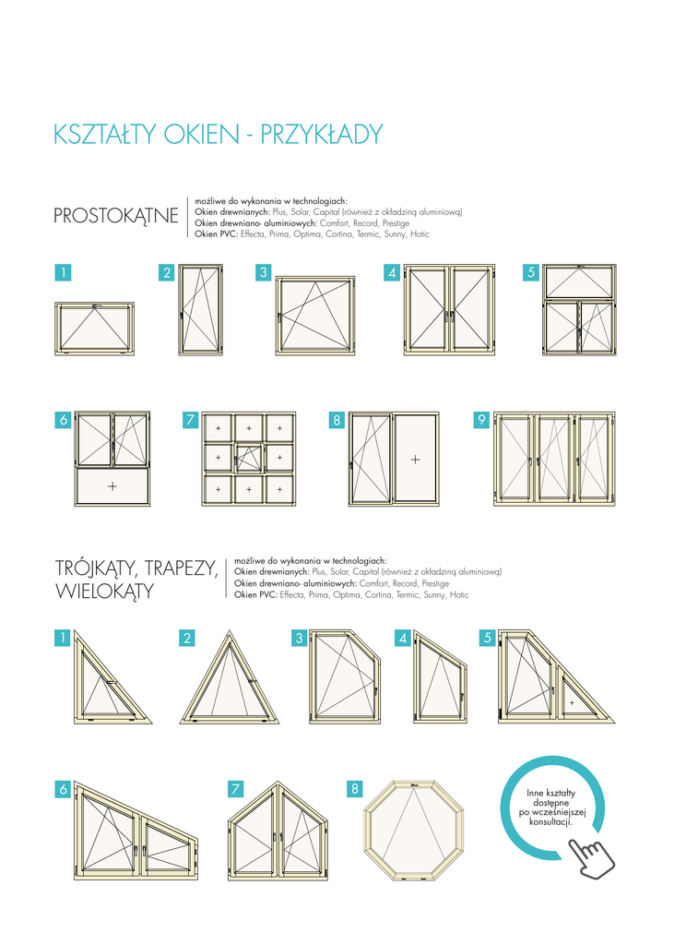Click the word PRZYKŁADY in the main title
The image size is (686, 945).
coord(322,135)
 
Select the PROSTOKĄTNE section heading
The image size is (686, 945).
coord(116,216)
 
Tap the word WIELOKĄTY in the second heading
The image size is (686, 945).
coord(105,592)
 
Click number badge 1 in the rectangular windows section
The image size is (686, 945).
coord(63,272)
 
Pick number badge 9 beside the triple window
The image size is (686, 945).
coord(481,420)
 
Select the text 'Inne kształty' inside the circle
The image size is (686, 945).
coord(551,793)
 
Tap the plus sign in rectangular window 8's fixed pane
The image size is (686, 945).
coord(415,460)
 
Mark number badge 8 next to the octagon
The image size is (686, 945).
coord(355,788)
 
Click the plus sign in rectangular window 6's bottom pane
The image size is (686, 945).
coord(112,485)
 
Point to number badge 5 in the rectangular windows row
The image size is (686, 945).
coord(530,272)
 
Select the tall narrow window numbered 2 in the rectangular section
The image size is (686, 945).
coord(201,309)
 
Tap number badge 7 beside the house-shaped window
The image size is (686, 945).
coord(236,788)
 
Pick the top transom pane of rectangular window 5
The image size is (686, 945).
coord(579,281)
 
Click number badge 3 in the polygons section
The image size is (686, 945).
coord(300,638)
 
